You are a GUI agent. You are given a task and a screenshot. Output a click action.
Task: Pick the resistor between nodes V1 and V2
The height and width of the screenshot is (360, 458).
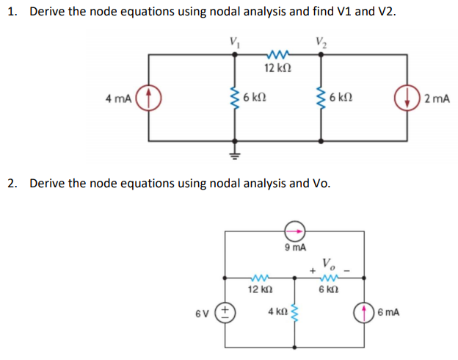pos(277,54)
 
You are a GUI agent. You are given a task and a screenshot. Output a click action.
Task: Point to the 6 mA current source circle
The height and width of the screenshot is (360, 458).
pos(366,312)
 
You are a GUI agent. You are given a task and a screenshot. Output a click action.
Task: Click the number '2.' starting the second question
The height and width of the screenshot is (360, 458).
pos(14,182)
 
